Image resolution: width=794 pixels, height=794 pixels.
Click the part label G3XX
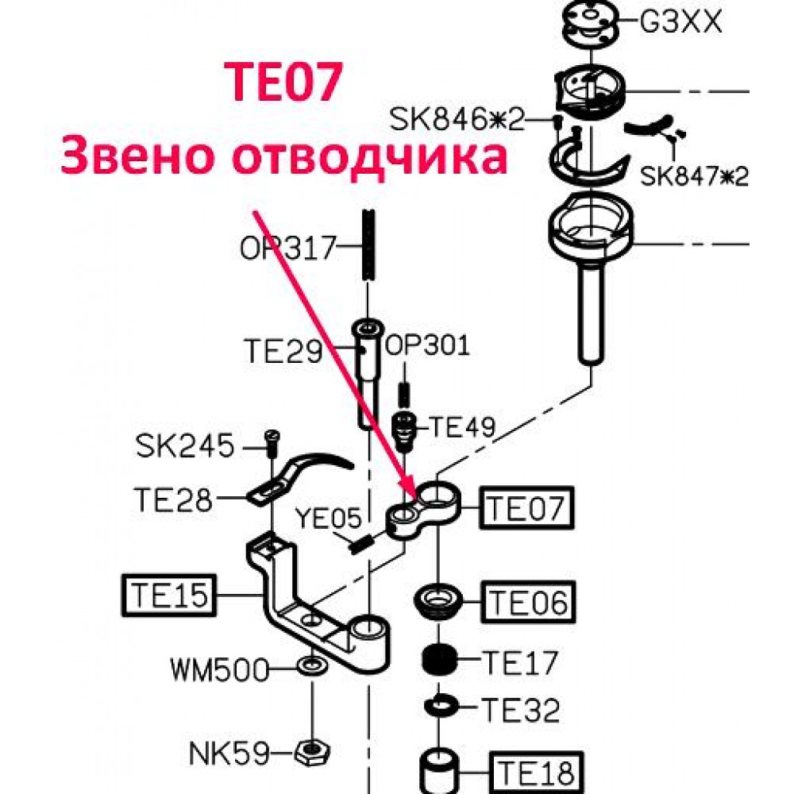tap(680, 21)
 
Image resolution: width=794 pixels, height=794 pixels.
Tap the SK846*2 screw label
tap(457, 120)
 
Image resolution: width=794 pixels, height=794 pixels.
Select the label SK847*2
tap(694, 175)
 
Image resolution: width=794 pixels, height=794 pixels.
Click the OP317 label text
tap(287, 248)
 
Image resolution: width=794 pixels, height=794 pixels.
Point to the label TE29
tap(283, 351)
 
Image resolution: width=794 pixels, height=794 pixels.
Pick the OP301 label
tap(428, 345)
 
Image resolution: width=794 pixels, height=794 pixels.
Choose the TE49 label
tap(462, 427)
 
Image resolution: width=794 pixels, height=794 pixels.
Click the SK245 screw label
tap(185, 445)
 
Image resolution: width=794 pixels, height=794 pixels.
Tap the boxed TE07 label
tap(526, 507)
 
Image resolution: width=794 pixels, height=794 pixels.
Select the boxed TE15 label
tap(169, 595)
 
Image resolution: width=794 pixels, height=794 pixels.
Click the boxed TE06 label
tap(528, 602)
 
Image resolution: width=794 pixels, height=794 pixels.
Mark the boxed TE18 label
tap(536, 773)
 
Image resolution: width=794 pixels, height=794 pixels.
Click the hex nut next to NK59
tap(312, 753)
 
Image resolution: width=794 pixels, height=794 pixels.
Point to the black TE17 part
tap(440, 660)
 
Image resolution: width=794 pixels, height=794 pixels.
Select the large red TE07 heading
tap(284, 82)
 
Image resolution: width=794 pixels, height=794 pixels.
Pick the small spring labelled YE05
tap(362, 545)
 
